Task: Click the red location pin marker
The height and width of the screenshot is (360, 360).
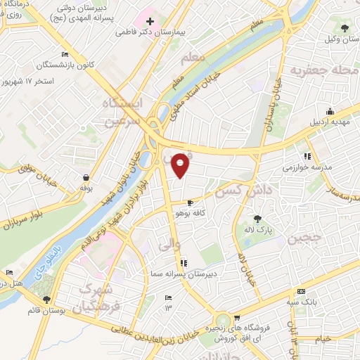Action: tap(181, 165)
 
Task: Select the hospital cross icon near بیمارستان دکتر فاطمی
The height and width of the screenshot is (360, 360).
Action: tap(150, 20)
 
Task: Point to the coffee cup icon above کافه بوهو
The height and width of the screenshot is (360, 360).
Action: tap(191, 202)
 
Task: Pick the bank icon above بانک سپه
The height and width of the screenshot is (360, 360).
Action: tap(302, 292)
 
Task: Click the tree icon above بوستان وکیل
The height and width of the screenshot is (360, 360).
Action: tap(345, 28)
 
